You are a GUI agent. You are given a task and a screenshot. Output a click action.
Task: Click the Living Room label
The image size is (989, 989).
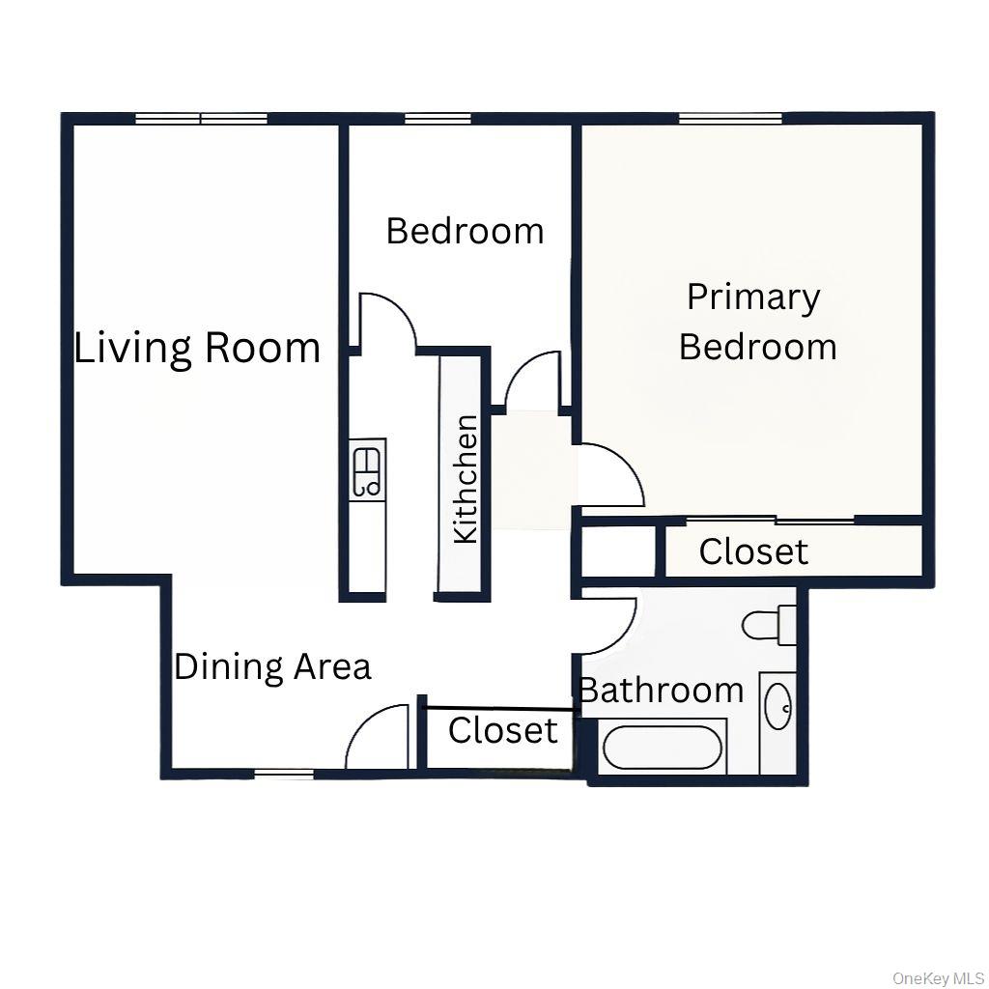tap(197, 348)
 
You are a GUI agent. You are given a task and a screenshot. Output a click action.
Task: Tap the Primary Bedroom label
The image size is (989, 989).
tap(756, 322)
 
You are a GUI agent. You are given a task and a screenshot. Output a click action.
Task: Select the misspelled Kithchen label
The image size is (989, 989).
tap(466, 478)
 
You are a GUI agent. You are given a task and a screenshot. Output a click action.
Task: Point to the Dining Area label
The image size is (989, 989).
tap(272, 666)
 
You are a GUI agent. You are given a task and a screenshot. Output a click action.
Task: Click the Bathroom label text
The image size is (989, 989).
tap(662, 690)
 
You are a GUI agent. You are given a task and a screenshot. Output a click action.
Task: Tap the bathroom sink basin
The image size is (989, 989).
tap(777, 708)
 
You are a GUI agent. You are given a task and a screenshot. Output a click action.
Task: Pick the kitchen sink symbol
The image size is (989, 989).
tap(368, 469)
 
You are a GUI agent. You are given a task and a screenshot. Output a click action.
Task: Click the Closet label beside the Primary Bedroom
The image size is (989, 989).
tap(753, 551)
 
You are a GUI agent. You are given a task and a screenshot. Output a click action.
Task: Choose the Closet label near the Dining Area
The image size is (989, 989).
tap(502, 730)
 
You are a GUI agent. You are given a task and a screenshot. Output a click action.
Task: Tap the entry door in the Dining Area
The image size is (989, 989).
tap(379, 738)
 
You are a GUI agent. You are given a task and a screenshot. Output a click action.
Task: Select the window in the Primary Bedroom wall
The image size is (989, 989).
tap(730, 119)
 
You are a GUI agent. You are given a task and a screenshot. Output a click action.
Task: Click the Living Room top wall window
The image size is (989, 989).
tap(201, 119)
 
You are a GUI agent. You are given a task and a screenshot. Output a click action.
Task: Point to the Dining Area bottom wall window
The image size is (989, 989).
tap(284, 773)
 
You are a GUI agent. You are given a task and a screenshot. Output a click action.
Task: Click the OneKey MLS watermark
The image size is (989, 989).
tap(938, 978)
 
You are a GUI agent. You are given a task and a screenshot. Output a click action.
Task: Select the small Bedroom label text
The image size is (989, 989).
tap(465, 231)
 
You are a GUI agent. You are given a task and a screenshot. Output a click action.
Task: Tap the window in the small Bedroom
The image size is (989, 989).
tap(438, 119)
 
